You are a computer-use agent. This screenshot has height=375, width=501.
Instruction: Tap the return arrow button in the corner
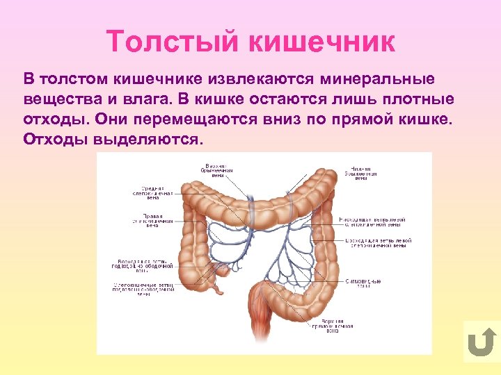coord(481,342)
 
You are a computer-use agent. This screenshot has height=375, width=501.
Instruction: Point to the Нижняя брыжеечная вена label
coord(359,172)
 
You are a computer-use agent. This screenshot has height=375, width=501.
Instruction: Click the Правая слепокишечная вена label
coord(146,219)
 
